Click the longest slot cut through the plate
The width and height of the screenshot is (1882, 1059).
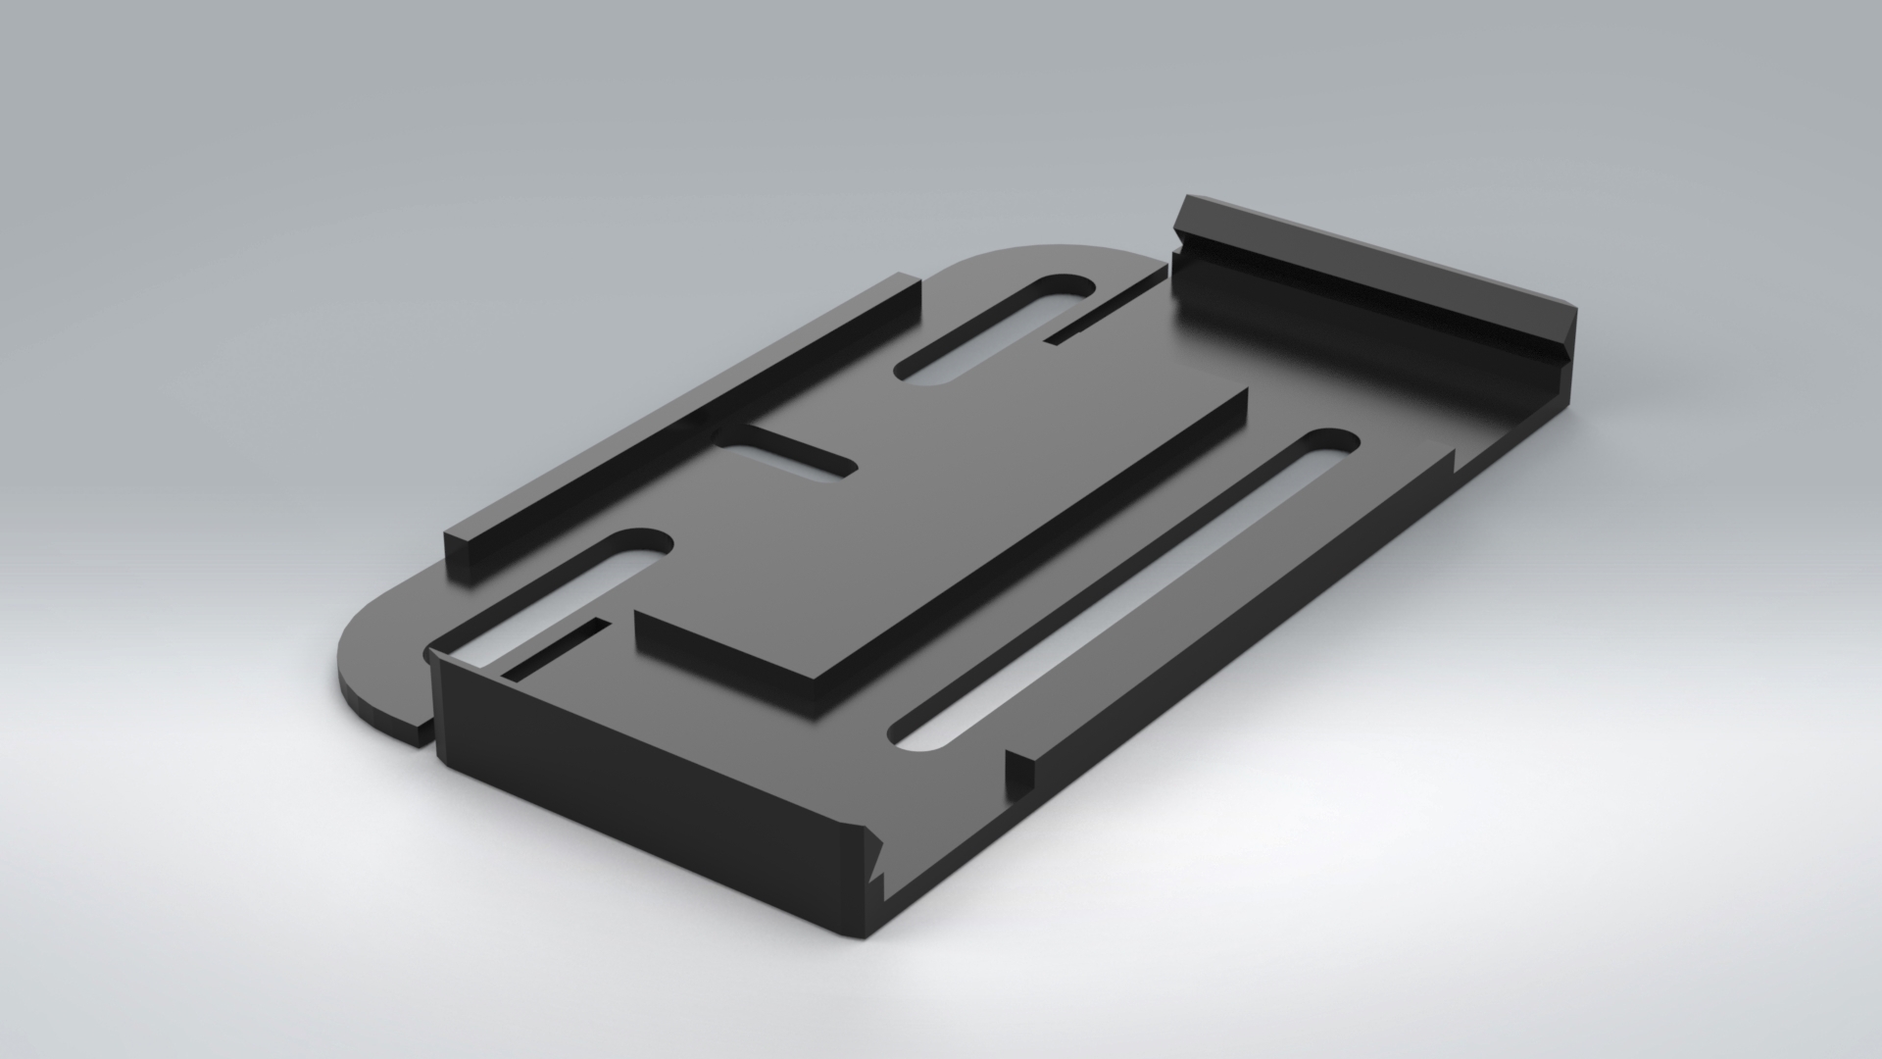coord(1127,588)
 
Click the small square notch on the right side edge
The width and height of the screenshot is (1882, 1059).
coord(1019,770)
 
